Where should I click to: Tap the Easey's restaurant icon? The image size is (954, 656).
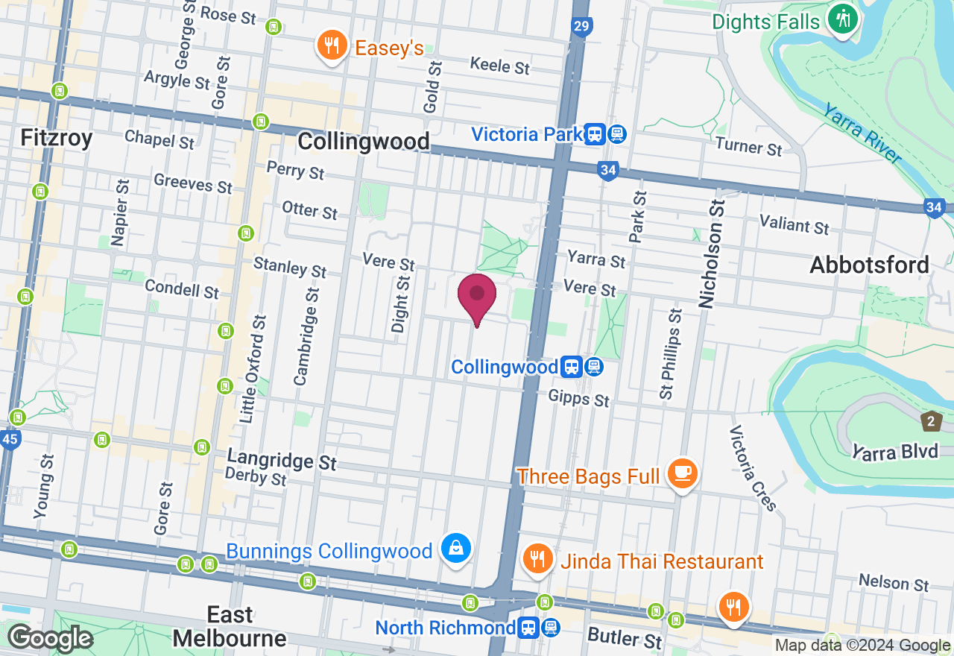tap(332, 46)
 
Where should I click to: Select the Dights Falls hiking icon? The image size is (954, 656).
tap(843, 19)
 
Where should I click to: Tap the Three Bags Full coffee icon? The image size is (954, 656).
tap(682, 473)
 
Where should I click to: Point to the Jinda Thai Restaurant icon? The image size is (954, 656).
tap(536, 558)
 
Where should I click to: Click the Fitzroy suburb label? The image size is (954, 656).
tap(57, 138)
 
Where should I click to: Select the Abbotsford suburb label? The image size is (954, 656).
tap(869, 265)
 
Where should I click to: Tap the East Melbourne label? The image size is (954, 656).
tap(230, 626)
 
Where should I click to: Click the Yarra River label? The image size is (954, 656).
tap(862, 133)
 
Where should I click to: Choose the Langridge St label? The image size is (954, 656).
tap(282, 460)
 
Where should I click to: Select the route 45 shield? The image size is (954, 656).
tap(9, 440)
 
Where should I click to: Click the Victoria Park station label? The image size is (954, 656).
tap(526, 134)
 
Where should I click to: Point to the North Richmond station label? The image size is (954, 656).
tap(445, 628)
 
